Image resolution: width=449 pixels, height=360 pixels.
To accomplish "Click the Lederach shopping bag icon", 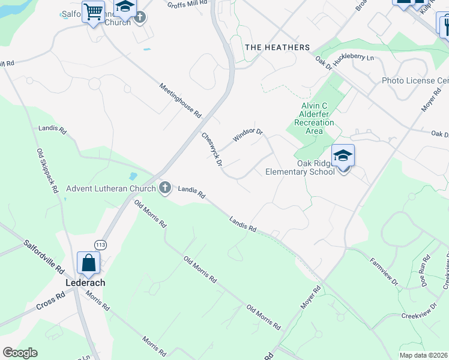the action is coord(89,263).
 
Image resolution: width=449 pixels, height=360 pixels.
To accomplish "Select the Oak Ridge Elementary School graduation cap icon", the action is coord(343,156).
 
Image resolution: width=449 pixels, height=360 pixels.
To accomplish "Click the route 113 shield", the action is coord(100,244).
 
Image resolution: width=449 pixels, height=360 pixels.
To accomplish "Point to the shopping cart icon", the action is coord(93,11).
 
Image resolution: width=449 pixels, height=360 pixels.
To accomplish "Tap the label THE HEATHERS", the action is coord(277,47).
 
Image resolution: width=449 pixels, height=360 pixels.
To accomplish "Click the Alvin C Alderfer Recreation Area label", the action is coord(318,118).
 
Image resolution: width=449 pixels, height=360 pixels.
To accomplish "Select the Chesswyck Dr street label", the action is coord(212,149).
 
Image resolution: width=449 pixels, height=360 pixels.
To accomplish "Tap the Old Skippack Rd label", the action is coord(47,170).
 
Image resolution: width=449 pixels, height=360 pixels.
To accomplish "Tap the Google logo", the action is coord(20,353).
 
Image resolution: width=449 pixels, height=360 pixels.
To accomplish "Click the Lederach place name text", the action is coord(85,283).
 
